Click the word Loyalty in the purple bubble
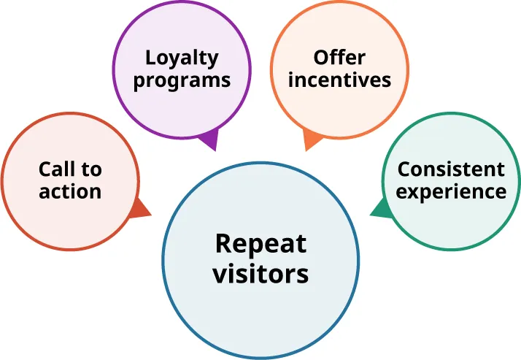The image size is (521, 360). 182,58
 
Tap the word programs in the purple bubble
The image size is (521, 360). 182,80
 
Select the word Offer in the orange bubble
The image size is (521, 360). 339,57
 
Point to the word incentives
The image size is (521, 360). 339,79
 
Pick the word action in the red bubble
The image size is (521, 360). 70,191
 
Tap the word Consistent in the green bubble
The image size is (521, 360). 451,169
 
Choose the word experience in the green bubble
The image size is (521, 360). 451,191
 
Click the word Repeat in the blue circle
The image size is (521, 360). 260,244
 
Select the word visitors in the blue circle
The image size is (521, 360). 260,275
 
